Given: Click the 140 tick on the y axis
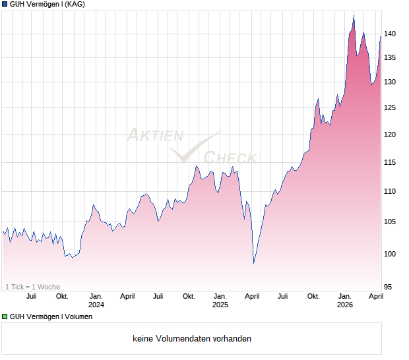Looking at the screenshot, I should (389, 34).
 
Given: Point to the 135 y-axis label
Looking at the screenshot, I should (389, 58).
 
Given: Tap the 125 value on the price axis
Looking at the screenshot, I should (389, 107).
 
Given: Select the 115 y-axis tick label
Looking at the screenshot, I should (389, 162).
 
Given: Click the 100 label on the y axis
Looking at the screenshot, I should (389, 254).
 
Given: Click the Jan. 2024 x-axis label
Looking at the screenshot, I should (96, 300).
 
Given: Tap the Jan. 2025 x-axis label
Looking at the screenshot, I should (220, 300).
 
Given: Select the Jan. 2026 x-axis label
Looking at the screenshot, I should (344, 300).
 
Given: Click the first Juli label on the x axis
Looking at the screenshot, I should (31, 296).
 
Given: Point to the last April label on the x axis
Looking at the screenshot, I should (375, 296).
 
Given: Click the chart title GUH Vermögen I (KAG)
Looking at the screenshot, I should (47, 5).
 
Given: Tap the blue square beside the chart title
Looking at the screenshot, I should (5, 5).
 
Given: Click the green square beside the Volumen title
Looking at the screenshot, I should (5, 317).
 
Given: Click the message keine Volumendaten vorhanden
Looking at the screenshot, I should (192, 339).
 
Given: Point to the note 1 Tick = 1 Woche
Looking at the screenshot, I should (32, 287).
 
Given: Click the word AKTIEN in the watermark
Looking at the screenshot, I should (155, 136).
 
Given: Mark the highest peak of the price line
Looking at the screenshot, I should (354, 15).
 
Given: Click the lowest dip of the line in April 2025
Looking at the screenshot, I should (254, 263).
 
